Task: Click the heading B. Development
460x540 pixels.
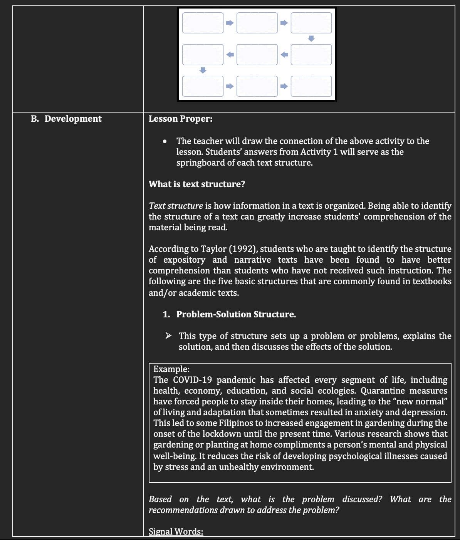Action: point(66,119)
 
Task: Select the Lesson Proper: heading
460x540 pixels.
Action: point(180,119)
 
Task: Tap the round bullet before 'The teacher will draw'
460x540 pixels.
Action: point(165,141)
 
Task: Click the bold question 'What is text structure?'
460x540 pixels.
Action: point(197,184)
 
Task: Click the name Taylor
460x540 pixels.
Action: point(215,249)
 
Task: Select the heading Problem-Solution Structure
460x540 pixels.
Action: point(236,314)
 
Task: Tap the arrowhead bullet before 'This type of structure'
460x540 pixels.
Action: point(168,336)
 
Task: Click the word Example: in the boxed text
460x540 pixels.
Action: point(171,369)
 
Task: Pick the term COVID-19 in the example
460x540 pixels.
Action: point(193,380)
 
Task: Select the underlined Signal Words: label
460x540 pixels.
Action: point(176,532)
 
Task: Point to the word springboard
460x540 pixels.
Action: point(200,163)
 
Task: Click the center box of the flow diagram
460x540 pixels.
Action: point(257,55)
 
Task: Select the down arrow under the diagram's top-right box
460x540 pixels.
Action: point(311,39)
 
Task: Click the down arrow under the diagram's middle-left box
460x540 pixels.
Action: point(203,70)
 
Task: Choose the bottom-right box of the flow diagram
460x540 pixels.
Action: point(311,86)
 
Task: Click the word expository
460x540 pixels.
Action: point(184,260)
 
